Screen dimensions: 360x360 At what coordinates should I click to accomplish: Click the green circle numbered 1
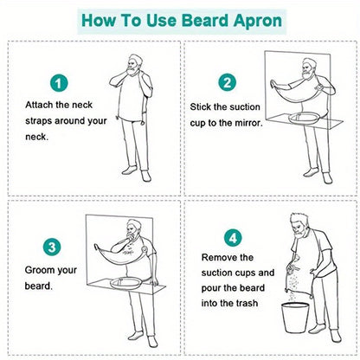58,84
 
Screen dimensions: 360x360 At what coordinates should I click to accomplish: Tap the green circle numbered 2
227,83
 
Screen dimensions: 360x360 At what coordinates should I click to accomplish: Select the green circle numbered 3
53,247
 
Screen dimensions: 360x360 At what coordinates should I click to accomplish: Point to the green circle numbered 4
232,236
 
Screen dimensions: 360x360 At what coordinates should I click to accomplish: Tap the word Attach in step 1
41,105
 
